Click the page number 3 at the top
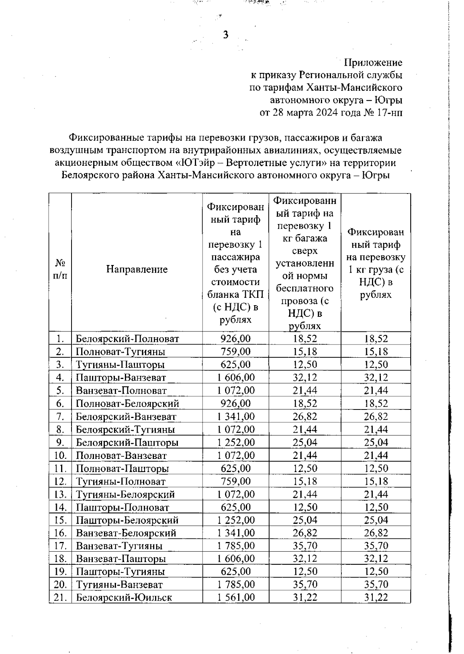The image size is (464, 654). pos(226,35)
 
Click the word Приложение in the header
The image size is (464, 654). pos(373,63)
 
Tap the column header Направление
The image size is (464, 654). pos(137,269)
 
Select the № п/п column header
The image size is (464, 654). pos(60,269)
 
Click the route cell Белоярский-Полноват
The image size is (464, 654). pos(127,339)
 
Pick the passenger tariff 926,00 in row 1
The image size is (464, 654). pos(235,339)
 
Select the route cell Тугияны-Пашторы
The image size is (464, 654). pos(120,365)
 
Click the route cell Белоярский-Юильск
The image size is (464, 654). pos(124,598)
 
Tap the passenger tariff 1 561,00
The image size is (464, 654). pos(235,597)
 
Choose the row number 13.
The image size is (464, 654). pos(60,494)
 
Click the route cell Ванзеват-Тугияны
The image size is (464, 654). pos(119,546)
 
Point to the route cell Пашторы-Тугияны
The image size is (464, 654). pos(120,572)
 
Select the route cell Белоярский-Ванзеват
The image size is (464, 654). pos(126,417)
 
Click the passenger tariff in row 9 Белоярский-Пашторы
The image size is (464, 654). pos(235,442)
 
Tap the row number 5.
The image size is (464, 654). pos(60,391)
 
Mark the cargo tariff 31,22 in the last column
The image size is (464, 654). pos(375,597)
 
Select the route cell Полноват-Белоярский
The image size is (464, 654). pos(127,404)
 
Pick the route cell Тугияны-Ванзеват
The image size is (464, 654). pos(119,585)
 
